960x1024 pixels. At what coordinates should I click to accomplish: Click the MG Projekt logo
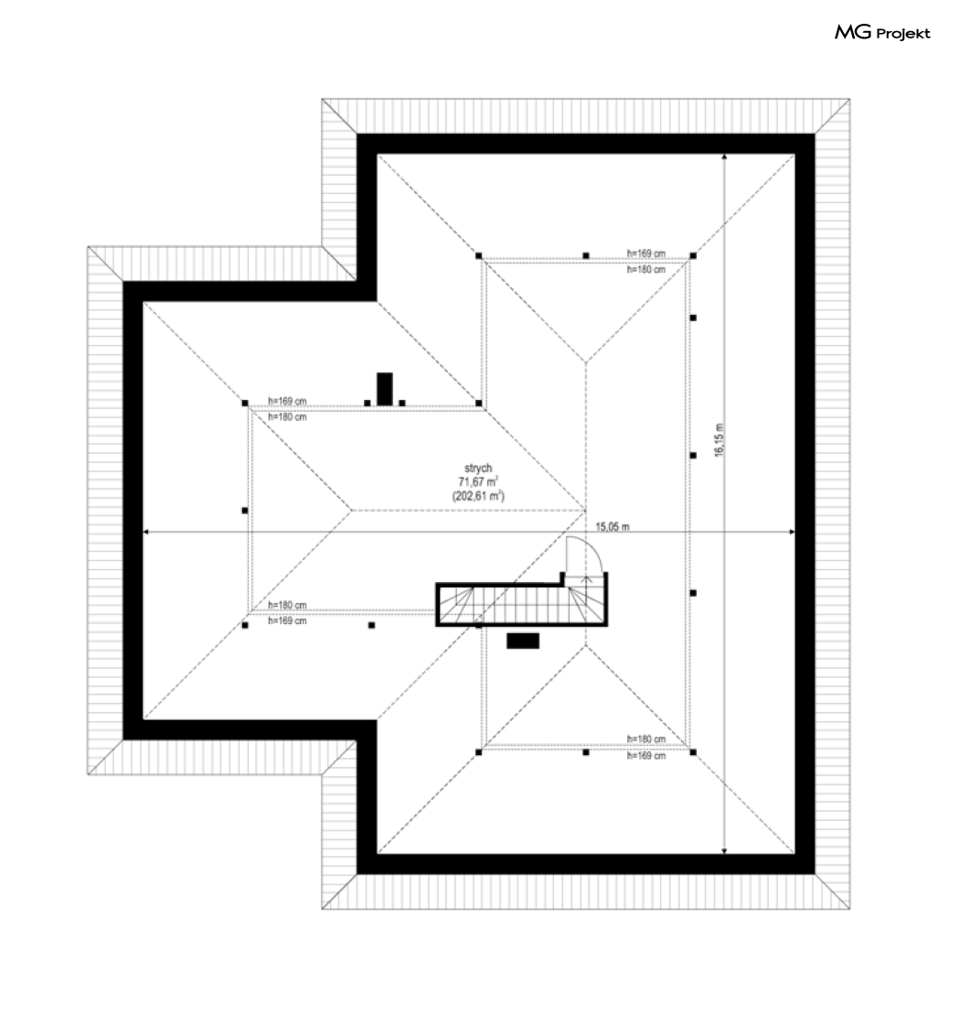point(882,34)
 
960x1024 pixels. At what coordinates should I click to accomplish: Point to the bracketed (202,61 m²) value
point(478,495)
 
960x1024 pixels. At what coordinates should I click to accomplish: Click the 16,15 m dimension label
point(719,441)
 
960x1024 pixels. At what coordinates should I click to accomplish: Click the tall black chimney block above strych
point(385,388)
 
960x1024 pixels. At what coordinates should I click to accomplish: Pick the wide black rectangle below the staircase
point(523,641)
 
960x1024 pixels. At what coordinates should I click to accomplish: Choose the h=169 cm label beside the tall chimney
point(287,401)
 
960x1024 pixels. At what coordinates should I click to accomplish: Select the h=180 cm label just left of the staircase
point(287,605)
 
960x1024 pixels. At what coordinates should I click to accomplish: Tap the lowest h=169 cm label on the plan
point(645,756)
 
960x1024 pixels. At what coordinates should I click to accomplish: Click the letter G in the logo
point(866,34)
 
